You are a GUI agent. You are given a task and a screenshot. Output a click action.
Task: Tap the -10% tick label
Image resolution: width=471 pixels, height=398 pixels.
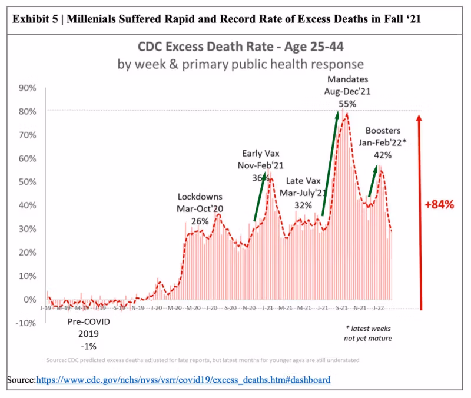(x=26, y=323)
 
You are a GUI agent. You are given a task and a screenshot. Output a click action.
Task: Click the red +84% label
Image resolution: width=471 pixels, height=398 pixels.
(x=439, y=205)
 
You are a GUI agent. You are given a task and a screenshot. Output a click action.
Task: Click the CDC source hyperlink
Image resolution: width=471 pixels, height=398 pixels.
(x=183, y=380)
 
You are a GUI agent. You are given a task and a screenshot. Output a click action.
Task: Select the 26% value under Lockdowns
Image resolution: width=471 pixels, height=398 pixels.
(x=200, y=221)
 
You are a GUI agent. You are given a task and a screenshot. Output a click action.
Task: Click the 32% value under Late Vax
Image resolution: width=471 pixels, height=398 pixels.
(x=303, y=205)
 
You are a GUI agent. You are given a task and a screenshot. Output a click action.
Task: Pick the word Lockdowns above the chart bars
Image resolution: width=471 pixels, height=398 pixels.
(x=200, y=197)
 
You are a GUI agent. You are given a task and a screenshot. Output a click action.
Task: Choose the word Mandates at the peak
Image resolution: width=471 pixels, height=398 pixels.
(x=347, y=79)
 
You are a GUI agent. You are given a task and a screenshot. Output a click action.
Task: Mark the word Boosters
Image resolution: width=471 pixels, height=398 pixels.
(x=383, y=130)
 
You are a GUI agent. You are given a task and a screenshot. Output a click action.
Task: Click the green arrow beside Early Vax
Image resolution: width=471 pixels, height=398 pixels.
(x=263, y=197)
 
